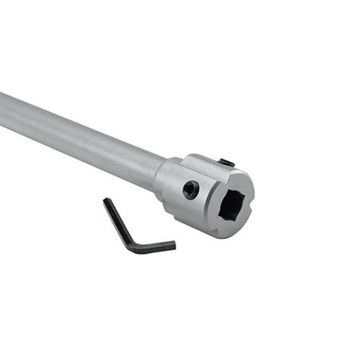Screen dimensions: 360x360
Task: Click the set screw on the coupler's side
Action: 190,190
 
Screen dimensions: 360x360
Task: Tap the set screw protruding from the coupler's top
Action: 227,163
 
